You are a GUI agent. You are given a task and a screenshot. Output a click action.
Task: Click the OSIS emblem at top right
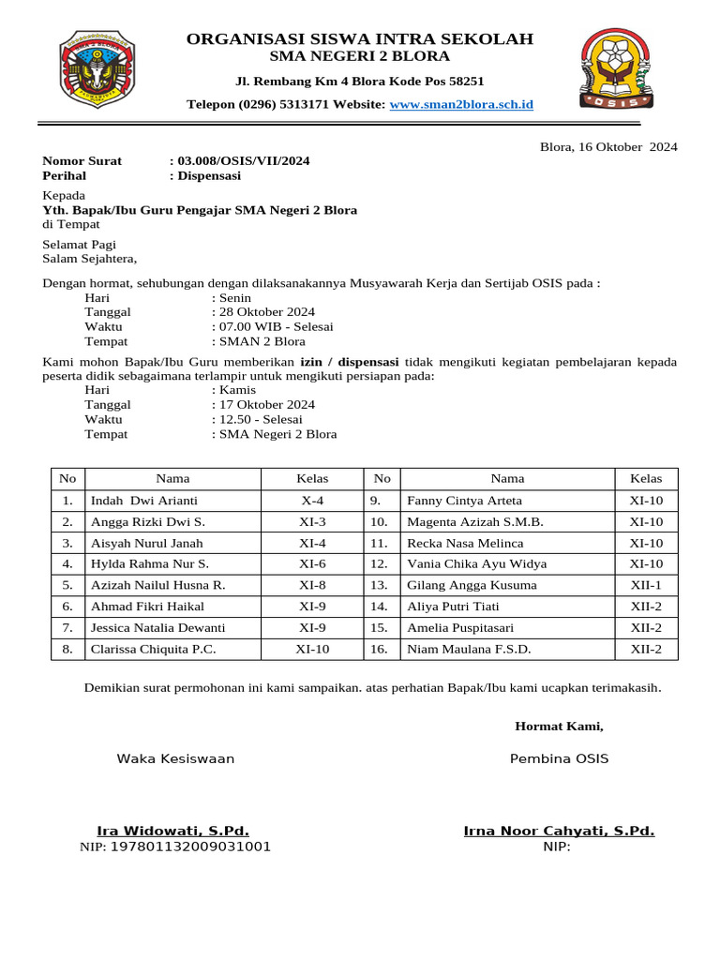point(616,68)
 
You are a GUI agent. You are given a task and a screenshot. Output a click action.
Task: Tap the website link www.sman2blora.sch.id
point(461,105)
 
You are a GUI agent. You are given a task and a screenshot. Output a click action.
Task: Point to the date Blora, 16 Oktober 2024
point(608,146)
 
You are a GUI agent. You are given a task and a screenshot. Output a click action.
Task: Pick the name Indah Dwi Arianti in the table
point(143,501)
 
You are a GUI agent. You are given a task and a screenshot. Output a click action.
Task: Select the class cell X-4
point(312,501)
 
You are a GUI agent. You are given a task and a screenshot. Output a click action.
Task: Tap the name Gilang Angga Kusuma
point(472,585)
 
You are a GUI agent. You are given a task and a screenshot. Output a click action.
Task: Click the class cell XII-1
point(646,585)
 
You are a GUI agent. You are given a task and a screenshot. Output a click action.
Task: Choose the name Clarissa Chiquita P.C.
point(153,649)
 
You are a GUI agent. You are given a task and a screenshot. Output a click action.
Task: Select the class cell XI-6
point(312,564)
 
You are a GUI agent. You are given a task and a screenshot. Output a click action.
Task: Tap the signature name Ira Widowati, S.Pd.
point(173,831)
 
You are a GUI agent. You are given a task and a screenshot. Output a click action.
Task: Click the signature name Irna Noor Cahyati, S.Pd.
point(559,831)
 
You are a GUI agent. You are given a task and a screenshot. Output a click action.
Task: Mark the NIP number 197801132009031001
point(190,847)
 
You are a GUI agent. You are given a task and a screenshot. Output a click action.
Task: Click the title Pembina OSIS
point(559,758)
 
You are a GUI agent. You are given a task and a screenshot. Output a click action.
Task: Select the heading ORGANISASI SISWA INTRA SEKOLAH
point(360,39)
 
